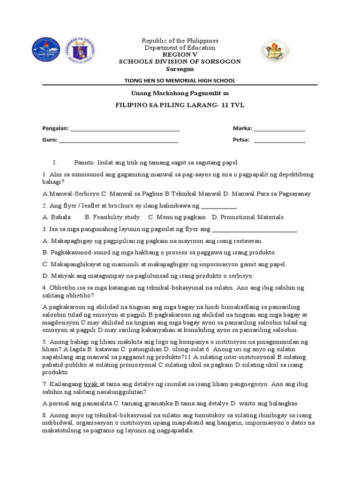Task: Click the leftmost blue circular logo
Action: (46, 52)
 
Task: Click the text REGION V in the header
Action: (180, 54)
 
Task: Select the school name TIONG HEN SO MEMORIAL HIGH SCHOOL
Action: (180, 81)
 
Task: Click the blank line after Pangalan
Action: (124, 129)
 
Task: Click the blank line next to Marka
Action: (279, 129)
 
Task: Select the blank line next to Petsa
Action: (279, 140)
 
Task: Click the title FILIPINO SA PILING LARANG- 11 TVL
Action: (180, 106)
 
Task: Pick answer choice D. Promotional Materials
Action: (247, 217)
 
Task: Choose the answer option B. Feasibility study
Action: (112, 217)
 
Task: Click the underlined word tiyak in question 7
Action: (91, 383)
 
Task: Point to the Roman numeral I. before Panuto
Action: (55, 163)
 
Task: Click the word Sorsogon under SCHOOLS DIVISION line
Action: (180, 68)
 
